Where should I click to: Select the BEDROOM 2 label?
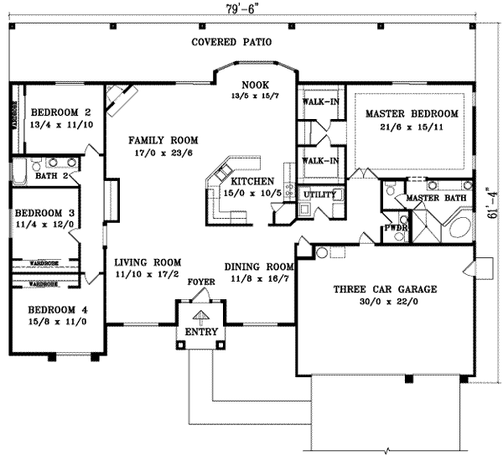(60, 111)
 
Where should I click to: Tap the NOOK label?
(254, 85)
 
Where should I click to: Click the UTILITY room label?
(319, 194)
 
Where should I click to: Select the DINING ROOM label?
(260, 267)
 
